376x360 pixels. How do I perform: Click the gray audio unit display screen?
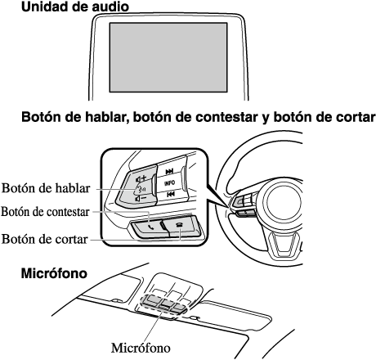[x=168, y=57]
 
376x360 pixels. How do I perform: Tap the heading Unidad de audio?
[x=75, y=7]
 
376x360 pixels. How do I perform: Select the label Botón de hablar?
[x=46, y=188]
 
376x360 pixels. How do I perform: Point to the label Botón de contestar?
[x=45, y=212]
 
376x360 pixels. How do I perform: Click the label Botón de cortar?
[x=45, y=239]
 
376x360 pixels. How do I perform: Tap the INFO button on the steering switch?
[x=169, y=183]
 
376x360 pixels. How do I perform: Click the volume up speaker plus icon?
[x=141, y=179]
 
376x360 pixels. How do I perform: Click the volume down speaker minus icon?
[x=141, y=198]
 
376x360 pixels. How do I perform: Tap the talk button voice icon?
[x=141, y=188]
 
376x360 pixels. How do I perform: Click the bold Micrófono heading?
[x=54, y=273]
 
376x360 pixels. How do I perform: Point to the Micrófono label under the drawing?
[x=141, y=348]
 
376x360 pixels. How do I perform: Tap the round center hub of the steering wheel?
[x=284, y=201]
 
